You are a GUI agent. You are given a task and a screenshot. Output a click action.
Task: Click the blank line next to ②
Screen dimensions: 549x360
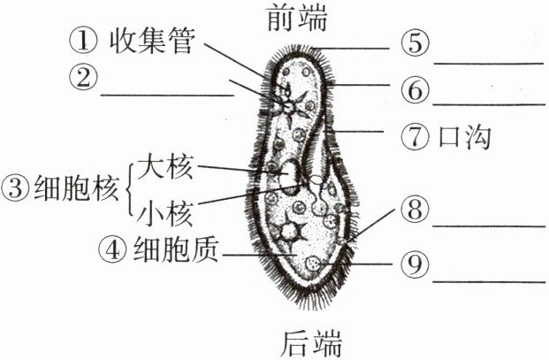pyautogui.click(x=168, y=93)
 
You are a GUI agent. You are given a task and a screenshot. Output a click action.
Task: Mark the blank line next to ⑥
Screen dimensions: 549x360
pyautogui.click(x=489, y=103)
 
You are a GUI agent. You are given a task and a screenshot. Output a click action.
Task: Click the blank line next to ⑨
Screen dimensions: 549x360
pyautogui.click(x=489, y=280)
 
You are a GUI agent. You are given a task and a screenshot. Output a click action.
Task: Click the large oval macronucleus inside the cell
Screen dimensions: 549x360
pyautogui.click(x=289, y=176)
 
